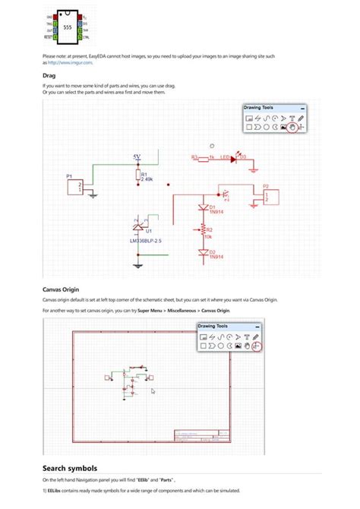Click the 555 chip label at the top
pos(67,26)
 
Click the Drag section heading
pos(49,76)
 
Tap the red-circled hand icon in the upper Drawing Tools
pos(292,128)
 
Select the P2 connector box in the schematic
pos(271,197)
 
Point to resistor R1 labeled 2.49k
pos(137,176)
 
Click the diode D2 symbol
pos(203,253)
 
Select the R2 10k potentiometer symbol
pos(203,230)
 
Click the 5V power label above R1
pos(137,157)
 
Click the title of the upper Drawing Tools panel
pos(257,108)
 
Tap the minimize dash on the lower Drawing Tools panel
pos(258,327)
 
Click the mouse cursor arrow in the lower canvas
pos(153,391)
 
